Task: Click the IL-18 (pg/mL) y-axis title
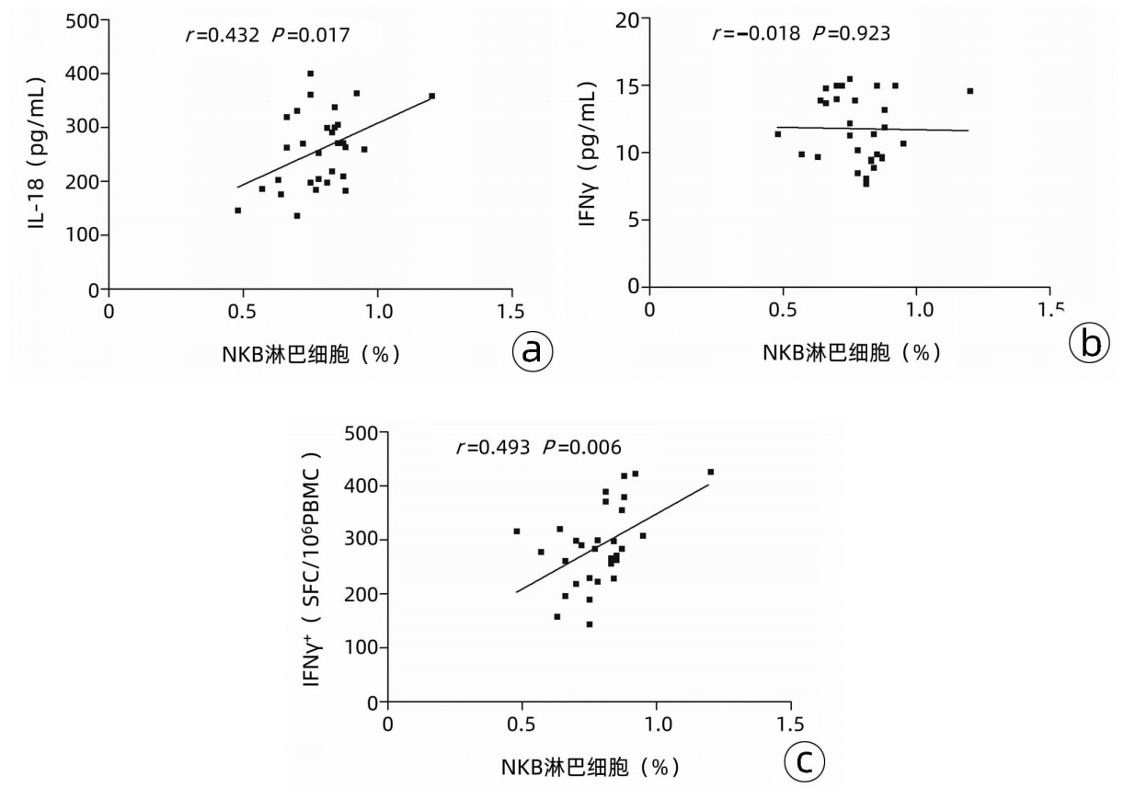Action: pyautogui.click(x=38, y=153)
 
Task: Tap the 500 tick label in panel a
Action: pyautogui.click(x=82, y=19)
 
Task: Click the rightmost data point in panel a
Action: pyautogui.click(x=432, y=96)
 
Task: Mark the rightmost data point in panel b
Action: pyautogui.click(x=969, y=91)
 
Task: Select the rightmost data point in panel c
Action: pyautogui.click(x=710, y=472)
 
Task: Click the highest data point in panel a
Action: pyautogui.click(x=310, y=74)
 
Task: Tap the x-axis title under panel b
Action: pyautogui.click(x=852, y=353)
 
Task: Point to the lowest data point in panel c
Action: pyautogui.click(x=590, y=623)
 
